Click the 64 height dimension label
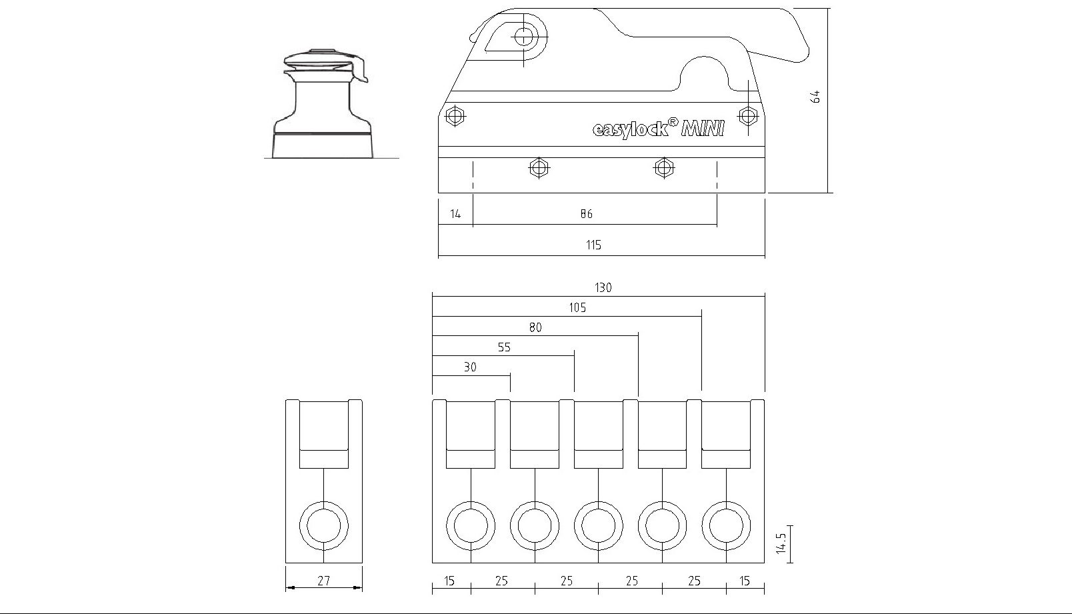point(815,97)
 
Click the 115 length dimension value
point(593,245)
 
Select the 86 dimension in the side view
point(586,214)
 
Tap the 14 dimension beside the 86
point(455,214)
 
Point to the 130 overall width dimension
point(603,288)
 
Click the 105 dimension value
point(577,308)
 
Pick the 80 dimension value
point(535,327)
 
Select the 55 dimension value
point(504,347)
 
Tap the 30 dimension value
point(470,367)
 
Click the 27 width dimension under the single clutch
point(323,581)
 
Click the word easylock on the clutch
point(631,129)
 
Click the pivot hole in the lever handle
point(525,36)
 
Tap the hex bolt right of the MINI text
point(748,115)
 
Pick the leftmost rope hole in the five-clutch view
point(471,526)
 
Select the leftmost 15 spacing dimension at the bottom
point(449,581)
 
